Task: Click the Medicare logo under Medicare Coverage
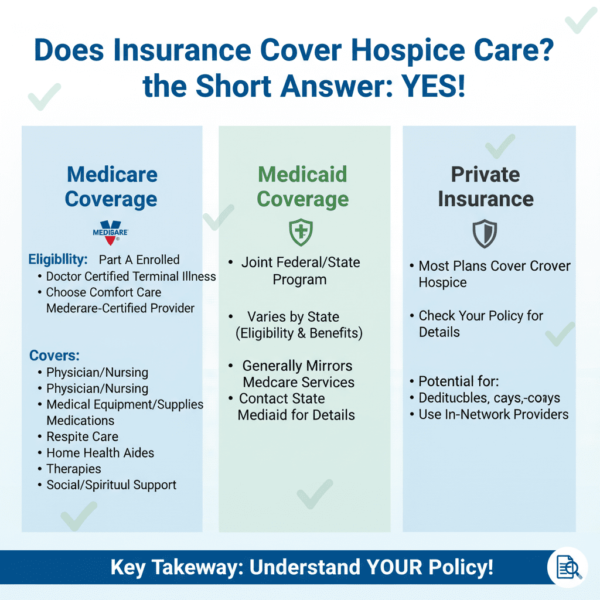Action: click(x=110, y=231)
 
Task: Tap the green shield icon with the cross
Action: click(x=301, y=233)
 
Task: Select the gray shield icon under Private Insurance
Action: click(x=485, y=234)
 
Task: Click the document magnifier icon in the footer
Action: click(x=567, y=567)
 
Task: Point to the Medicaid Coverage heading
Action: click(x=302, y=186)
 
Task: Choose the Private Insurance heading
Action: click(x=485, y=186)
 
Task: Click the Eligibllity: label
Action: click(x=58, y=259)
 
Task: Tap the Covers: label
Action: click(x=54, y=355)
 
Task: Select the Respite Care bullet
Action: click(x=82, y=437)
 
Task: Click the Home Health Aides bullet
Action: click(x=100, y=453)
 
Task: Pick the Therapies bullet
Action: click(x=74, y=469)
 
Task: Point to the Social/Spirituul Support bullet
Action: click(x=111, y=485)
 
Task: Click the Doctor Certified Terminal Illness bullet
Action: click(x=131, y=276)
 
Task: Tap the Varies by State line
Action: click(x=293, y=317)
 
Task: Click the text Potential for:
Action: click(x=458, y=382)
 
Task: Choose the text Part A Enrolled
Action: click(x=139, y=260)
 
